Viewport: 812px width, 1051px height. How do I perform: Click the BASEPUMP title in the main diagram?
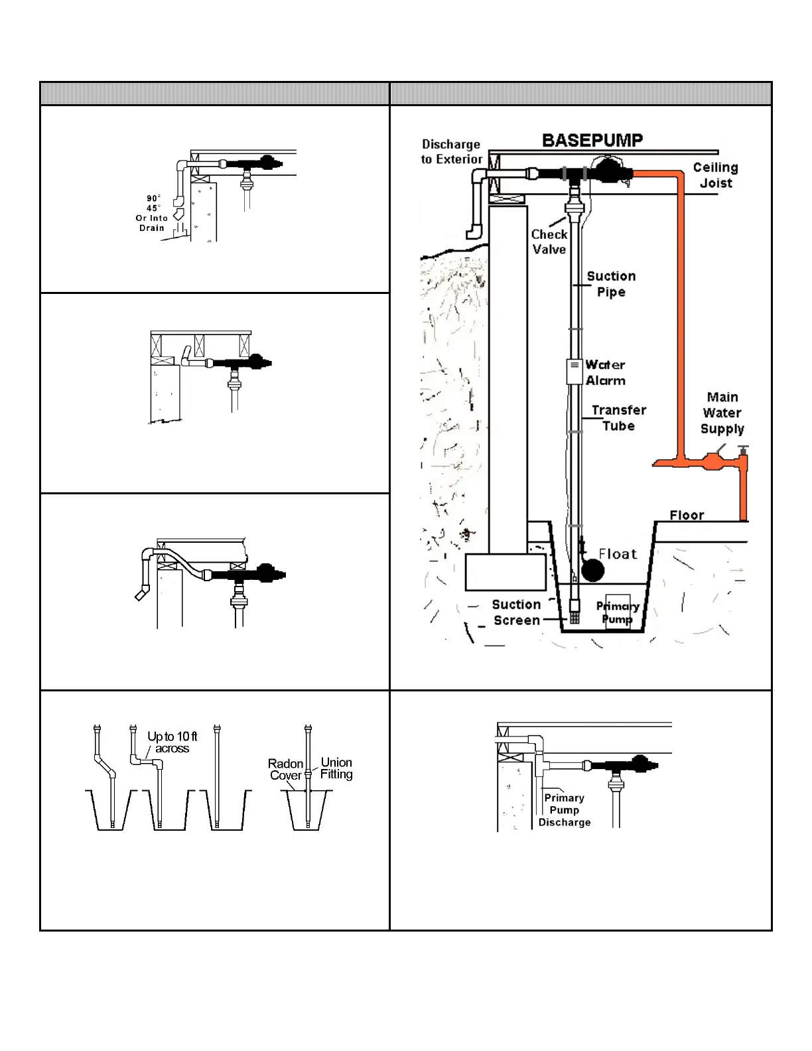click(592, 141)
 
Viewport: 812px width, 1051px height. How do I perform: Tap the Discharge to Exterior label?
click(451, 152)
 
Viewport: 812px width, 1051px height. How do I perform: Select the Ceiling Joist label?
click(716, 175)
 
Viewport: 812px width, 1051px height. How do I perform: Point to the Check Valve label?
click(549, 242)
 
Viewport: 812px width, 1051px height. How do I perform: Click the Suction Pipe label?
click(611, 284)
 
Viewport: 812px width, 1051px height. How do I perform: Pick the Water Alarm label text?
click(605, 373)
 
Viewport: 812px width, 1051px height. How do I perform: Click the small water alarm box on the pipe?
click(575, 372)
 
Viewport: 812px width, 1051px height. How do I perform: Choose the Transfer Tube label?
click(618, 418)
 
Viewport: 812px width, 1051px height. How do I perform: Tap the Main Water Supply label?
click(722, 413)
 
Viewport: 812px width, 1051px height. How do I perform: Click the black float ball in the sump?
click(592, 570)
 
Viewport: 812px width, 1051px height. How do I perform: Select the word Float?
click(618, 554)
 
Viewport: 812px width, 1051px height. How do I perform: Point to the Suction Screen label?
click(516, 612)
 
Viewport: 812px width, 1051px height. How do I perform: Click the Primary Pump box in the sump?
click(618, 612)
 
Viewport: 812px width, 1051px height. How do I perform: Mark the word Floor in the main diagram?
click(687, 515)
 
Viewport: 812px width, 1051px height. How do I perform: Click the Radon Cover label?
click(286, 770)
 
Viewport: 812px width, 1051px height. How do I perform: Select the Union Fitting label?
click(336, 768)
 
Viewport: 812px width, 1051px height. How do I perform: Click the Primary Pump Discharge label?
click(565, 810)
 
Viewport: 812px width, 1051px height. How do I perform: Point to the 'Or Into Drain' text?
click(152, 223)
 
